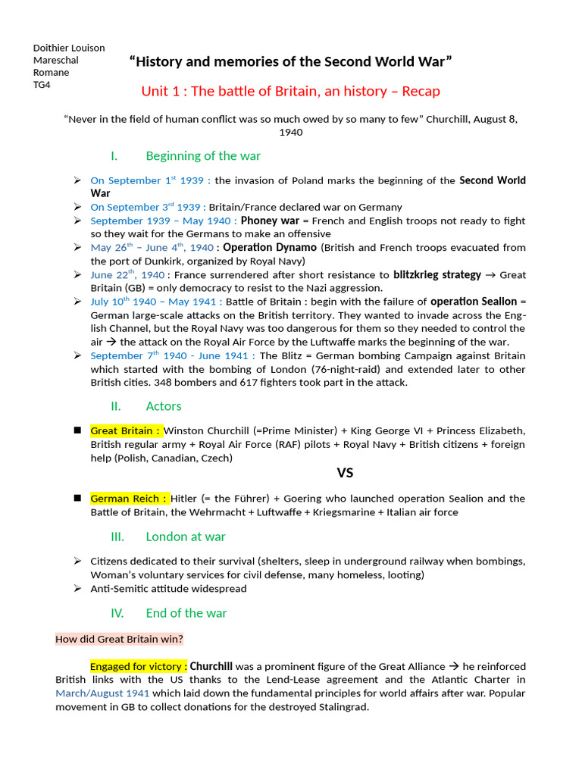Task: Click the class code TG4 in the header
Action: [x=42, y=85]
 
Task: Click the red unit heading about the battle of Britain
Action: [x=290, y=92]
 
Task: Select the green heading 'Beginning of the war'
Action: [x=202, y=155]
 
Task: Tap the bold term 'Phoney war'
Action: [x=270, y=221]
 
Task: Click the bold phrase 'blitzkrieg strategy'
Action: [x=437, y=274]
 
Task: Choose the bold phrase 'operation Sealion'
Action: [x=474, y=302]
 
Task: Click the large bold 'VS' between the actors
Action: [x=345, y=473]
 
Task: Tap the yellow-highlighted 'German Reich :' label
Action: [x=129, y=499]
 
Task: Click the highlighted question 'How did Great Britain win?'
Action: [x=119, y=639]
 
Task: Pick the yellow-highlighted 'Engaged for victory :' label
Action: [x=139, y=666]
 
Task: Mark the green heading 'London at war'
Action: [x=186, y=537]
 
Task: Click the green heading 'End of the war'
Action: [x=186, y=612]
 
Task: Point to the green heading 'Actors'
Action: [x=164, y=405]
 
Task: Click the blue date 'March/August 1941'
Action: [x=102, y=693]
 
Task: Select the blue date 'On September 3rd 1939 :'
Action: [x=145, y=207]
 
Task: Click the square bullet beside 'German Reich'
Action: [x=77, y=498]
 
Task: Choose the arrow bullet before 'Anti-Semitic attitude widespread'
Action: [x=77, y=588]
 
